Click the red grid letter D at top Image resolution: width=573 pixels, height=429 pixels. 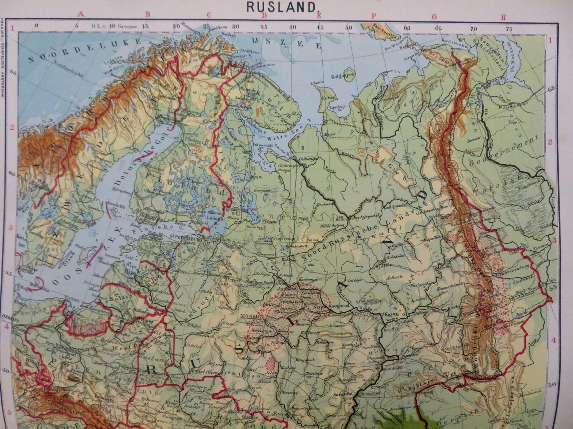(x=264, y=16)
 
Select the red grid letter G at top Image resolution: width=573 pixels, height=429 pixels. (x=435, y=16)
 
